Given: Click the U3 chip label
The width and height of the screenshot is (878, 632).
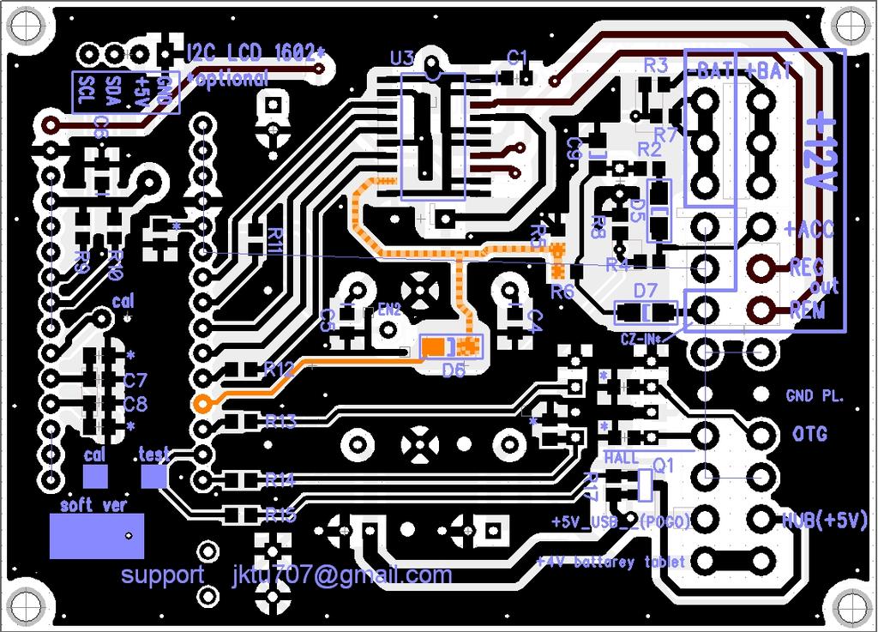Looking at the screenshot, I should click(401, 58).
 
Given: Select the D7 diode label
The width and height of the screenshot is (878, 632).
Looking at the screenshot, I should click(645, 290).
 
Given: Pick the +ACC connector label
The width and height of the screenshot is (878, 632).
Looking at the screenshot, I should click(809, 230).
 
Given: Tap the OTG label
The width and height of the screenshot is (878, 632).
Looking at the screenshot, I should click(809, 435).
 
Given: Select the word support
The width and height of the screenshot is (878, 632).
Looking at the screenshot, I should click(162, 575).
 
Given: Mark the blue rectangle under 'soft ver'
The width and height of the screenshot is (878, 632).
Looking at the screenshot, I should click(95, 536).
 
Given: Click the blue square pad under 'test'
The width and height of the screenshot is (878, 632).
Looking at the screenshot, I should click(154, 475).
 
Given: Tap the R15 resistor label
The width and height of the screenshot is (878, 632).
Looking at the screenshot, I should click(280, 515).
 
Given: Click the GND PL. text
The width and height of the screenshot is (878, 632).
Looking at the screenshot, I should click(815, 396).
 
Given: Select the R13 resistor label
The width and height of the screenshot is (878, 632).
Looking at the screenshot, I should click(280, 421).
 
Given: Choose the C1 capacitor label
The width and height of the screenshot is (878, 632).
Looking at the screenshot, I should click(518, 57).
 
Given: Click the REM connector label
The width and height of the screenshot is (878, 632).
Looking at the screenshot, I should click(807, 310).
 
